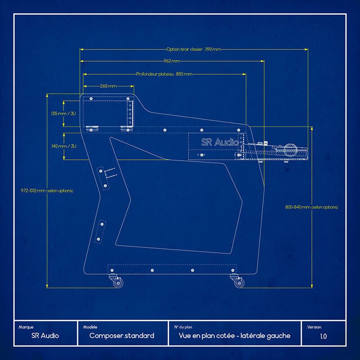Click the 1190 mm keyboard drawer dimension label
click(x=193, y=49)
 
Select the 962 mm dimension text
click(x=171, y=61)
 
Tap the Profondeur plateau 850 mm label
click(x=164, y=74)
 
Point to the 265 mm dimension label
click(x=108, y=85)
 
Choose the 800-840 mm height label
click(x=311, y=207)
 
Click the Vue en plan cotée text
click(x=234, y=336)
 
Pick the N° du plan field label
click(x=182, y=327)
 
